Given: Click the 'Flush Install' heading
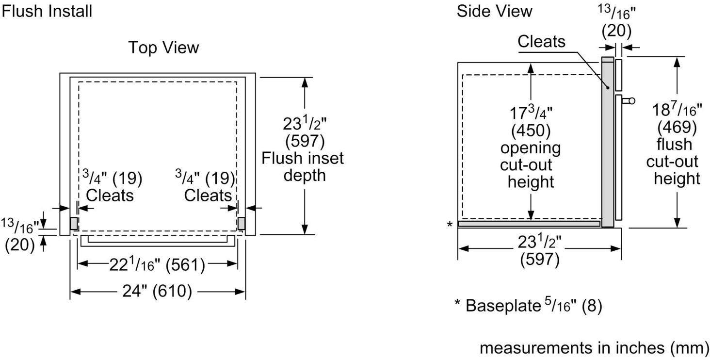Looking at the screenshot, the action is pos(47,12).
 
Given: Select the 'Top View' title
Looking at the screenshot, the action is pos(163,48).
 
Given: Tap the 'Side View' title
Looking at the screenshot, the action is pos(495,12).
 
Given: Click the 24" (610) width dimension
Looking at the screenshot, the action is pos(157,291).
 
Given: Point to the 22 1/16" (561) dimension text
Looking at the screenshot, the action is pos(157,264).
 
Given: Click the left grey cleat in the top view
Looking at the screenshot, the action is pos(74,223).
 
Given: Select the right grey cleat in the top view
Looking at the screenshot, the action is pos(241,223).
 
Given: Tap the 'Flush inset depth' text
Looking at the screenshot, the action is pos(303,166).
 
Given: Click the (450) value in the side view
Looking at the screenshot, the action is pos(531,131).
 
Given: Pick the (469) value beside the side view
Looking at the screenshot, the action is pos(677,127).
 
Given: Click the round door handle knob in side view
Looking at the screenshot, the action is pos(632,101).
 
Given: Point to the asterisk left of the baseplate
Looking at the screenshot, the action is pos(450,224).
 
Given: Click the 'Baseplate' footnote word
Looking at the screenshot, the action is pos(503,306).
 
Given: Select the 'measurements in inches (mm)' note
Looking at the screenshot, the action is pos(594,348).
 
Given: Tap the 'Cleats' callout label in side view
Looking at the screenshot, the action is pos(541,42).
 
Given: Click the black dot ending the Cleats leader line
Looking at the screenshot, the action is pos(608,88).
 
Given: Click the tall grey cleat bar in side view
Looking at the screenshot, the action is pos(608,142).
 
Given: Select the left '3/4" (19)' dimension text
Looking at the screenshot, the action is pos(112,178).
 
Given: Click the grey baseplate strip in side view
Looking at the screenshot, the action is pos(529,224).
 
